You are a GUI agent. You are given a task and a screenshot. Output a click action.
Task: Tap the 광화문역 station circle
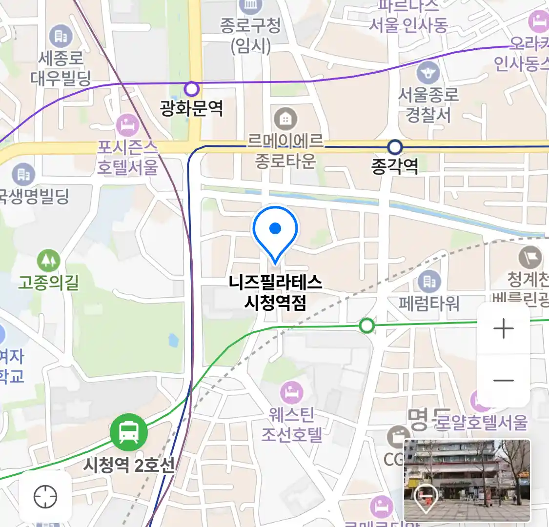click(x=192, y=89)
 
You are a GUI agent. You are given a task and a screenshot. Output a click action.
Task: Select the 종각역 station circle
click(x=394, y=147)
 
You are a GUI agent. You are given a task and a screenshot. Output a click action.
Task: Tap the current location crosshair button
click(x=45, y=497)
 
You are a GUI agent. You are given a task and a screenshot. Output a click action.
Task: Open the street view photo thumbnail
click(x=467, y=480)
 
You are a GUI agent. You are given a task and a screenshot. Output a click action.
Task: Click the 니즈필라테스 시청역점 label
click(x=275, y=292)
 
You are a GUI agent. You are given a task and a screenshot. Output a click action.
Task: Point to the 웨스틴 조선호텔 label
click(x=292, y=425)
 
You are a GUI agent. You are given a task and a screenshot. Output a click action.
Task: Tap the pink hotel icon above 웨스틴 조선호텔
click(x=292, y=392)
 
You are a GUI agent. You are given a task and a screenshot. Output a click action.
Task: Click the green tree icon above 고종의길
click(x=48, y=261)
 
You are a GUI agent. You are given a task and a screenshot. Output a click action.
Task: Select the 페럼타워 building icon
click(x=429, y=281)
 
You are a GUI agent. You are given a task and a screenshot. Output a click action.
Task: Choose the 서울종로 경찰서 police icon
click(x=428, y=74)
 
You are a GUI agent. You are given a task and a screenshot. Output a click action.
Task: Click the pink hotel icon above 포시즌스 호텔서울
click(x=128, y=125)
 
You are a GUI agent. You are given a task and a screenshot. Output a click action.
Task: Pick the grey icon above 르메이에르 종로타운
click(x=285, y=119)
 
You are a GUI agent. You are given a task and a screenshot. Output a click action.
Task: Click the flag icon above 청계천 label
click(x=530, y=256)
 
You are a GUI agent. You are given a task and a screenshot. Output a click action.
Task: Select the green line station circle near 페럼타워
click(x=366, y=325)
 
